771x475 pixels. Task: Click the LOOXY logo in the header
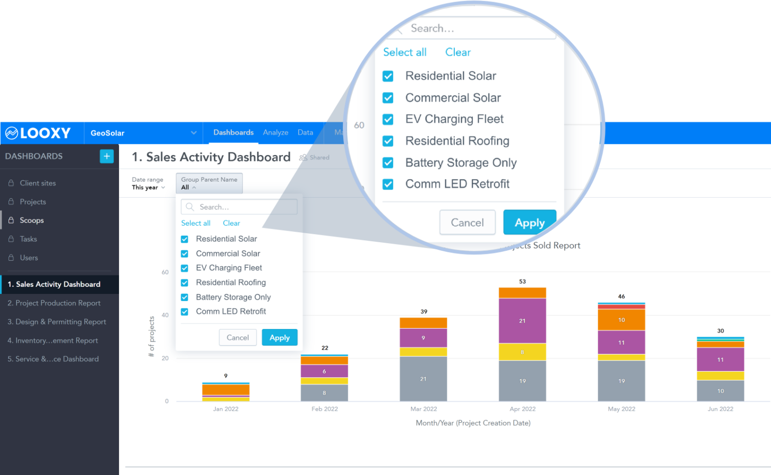pyautogui.click(x=38, y=133)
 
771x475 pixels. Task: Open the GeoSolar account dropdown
pyautogui.click(x=143, y=133)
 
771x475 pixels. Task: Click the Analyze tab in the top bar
pyautogui.click(x=276, y=132)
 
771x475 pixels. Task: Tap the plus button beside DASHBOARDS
pyautogui.click(x=106, y=156)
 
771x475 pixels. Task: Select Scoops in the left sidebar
pyautogui.click(x=32, y=220)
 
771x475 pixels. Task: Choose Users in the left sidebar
pyautogui.click(x=29, y=258)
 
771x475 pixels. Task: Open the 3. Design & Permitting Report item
pyautogui.click(x=57, y=322)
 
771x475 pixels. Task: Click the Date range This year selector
pyautogui.click(x=148, y=184)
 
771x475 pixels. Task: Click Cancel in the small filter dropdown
pyautogui.click(x=237, y=338)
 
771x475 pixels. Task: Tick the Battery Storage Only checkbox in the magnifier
pyautogui.click(x=388, y=163)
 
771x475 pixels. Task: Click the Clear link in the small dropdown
pyautogui.click(x=231, y=223)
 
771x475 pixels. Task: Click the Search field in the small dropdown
pyautogui.click(x=239, y=207)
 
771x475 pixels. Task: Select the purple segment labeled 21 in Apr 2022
pyautogui.click(x=522, y=321)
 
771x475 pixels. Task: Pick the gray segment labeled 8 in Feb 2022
pyautogui.click(x=324, y=393)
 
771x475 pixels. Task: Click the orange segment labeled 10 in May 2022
pyautogui.click(x=621, y=320)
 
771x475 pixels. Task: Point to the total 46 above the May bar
pyautogui.click(x=621, y=296)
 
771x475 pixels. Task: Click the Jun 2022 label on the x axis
pyautogui.click(x=720, y=409)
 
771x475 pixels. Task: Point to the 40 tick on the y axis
pyautogui.click(x=165, y=315)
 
